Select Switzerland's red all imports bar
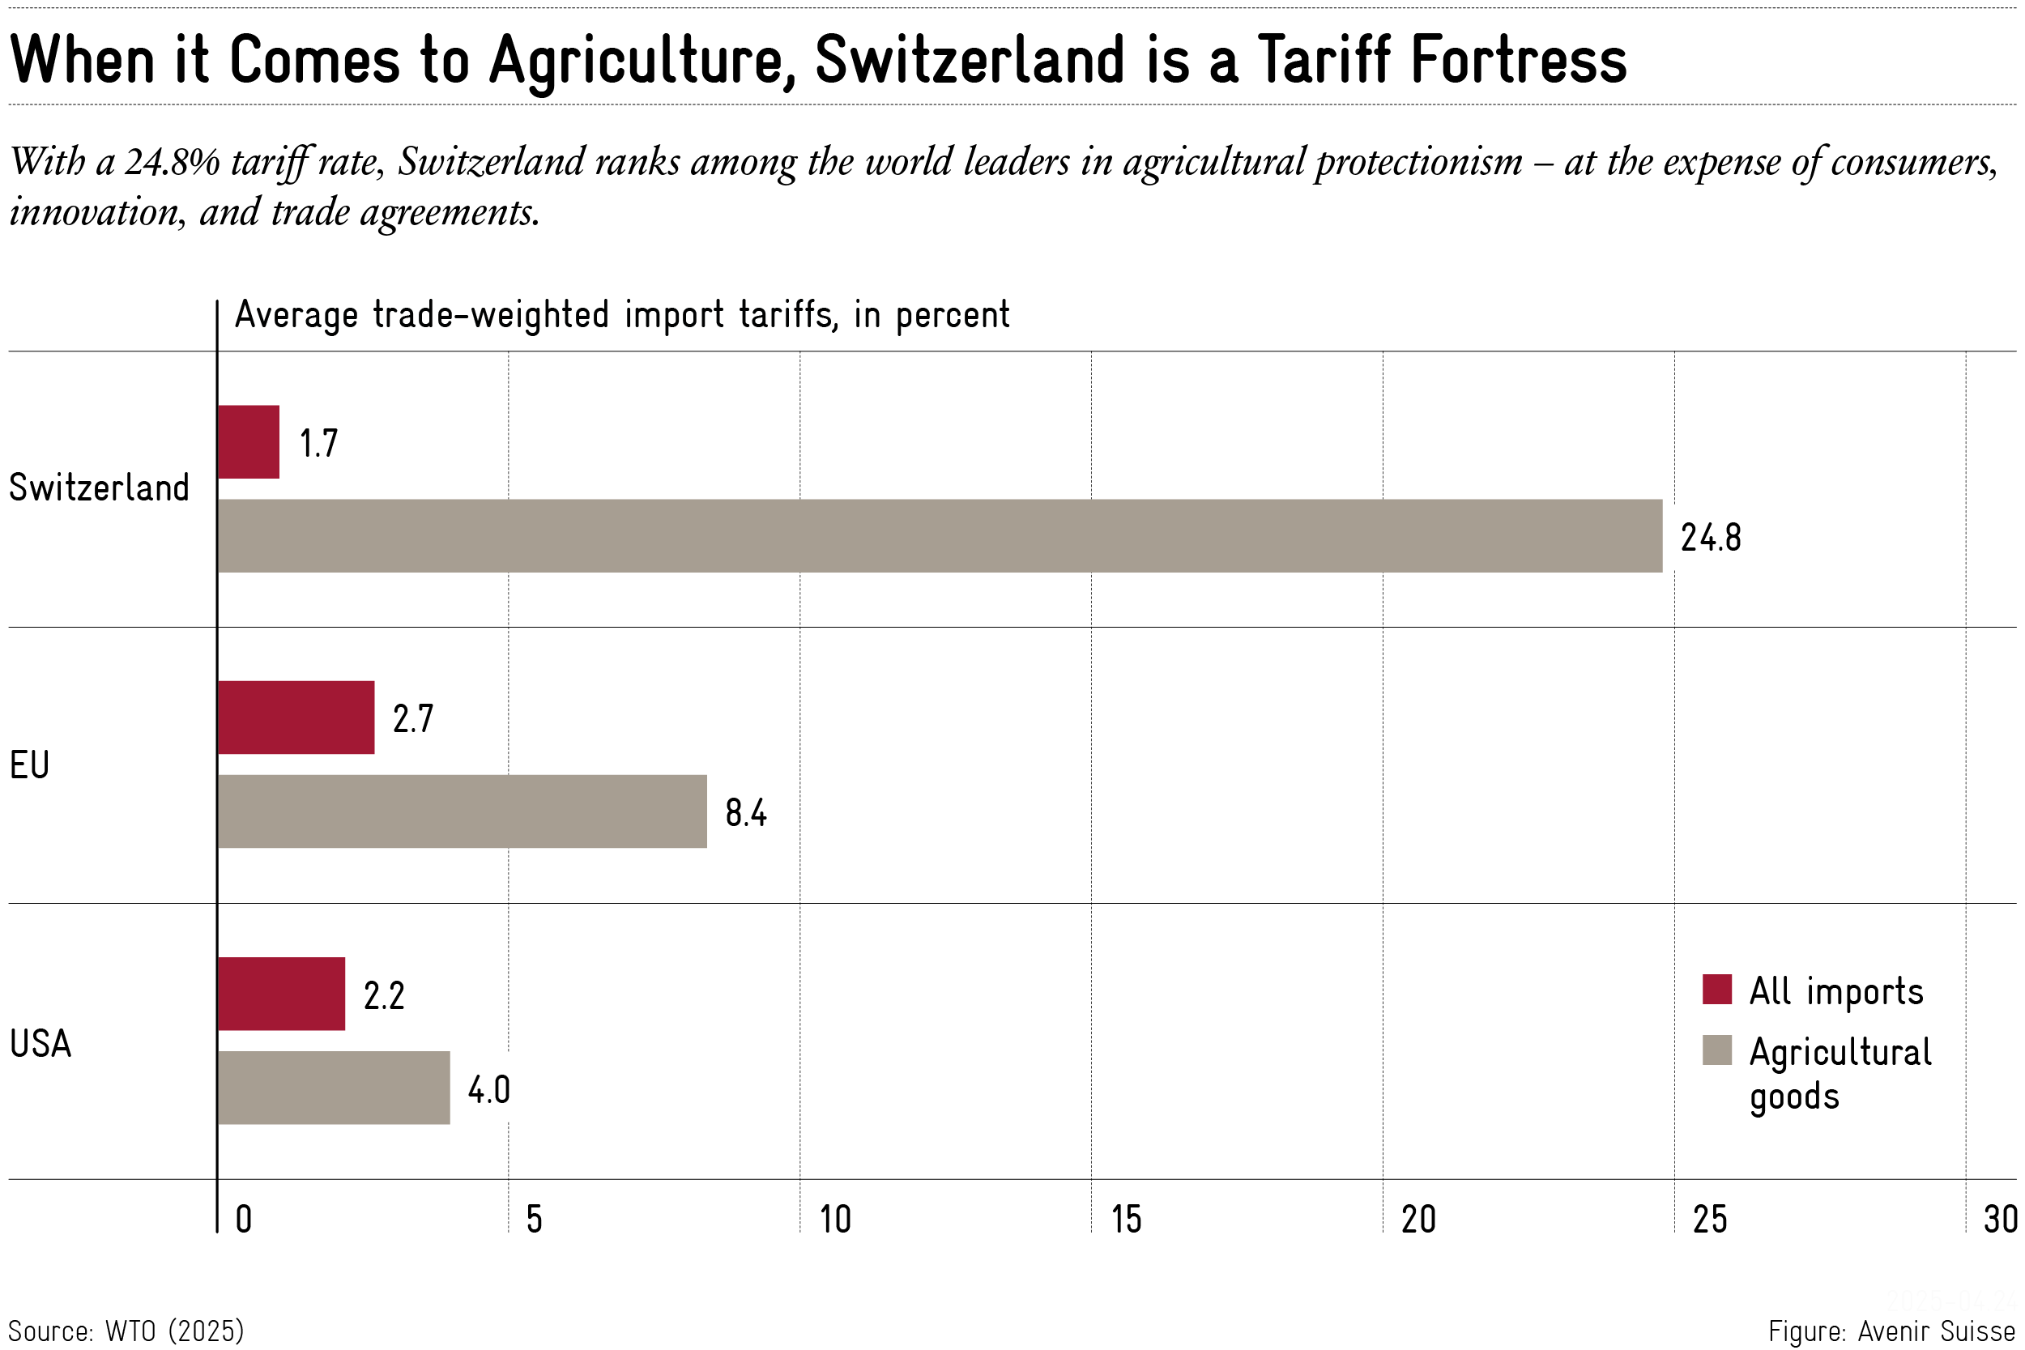pyautogui.click(x=249, y=441)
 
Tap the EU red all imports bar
pyautogui.click(x=296, y=718)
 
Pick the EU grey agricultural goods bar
pyautogui.click(x=463, y=811)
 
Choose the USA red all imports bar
pyautogui.click(x=282, y=994)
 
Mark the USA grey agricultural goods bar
pyautogui.click(x=334, y=1088)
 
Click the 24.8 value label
pyautogui.click(x=1710, y=538)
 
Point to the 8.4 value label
pyautogui.click(x=745, y=813)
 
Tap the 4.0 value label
pyautogui.click(x=489, y=1090)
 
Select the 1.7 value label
pyautogui.click(x=318, y=444)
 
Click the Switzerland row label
pyautogui.click(x=99, y=488)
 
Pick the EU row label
pyautogui.click(x=29, y=764)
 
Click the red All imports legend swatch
pyautogui.click(x=1716, y=990)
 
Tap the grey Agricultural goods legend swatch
pyautogui.click(x=1716, y=1050)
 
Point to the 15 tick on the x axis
pyautogui.click(x=1126, y=1219)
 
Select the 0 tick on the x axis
pyautogui.click(x=244, y=1219)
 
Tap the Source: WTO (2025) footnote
pyautogui.click(x=126, y=1331)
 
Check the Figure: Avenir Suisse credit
pyautogui.click(x=1891, y=1331)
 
